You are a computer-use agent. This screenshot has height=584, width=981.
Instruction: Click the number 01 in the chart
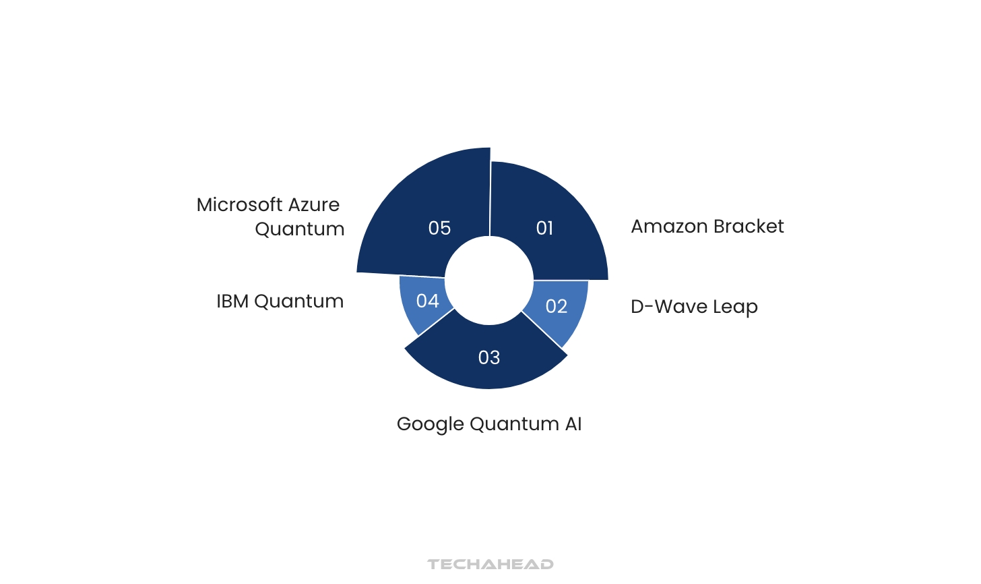pos(544,228)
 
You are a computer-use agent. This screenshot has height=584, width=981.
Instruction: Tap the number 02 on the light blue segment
pos(557,306)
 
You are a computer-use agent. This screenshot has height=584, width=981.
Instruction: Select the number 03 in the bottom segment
pos(488,358)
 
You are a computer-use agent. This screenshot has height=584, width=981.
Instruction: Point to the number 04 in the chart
pos(427,301)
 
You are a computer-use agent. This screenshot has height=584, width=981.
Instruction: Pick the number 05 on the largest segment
pos(439,228)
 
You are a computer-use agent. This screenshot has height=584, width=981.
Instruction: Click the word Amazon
pos(669,227)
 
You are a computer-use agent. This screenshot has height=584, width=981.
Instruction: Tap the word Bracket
pos(749,227)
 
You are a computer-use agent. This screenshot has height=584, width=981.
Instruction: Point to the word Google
pos(430,425)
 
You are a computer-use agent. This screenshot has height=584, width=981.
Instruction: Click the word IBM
pos(232,301)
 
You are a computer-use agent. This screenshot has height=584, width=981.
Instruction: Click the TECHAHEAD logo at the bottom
pos(491,564)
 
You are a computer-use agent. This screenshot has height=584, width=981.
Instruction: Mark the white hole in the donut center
pos(489,281)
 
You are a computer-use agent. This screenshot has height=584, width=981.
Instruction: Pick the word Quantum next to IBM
pos(298,302)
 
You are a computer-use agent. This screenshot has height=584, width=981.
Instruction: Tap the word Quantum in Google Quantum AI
pos(514,425)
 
